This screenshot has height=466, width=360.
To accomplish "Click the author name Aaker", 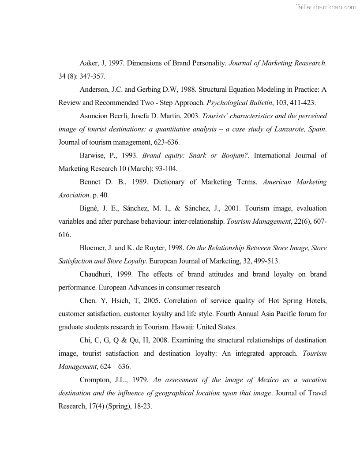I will point(90,63).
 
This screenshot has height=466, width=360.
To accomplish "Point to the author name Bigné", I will point(90,208).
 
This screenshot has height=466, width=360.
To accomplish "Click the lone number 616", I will point(64,235).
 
